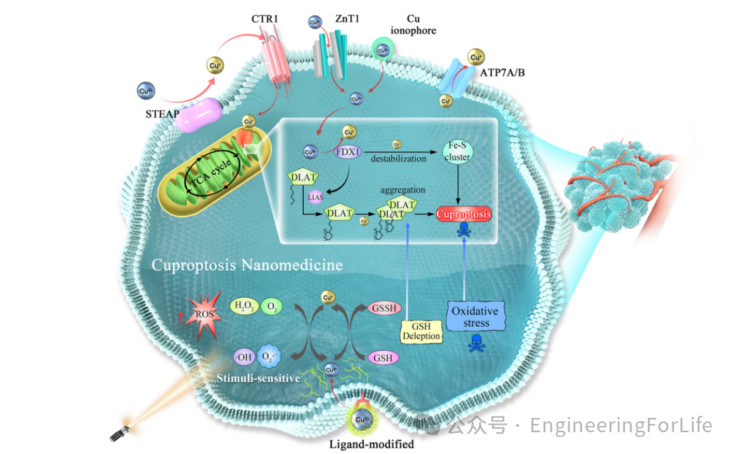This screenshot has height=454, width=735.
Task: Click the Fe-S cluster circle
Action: [x=457, y=151]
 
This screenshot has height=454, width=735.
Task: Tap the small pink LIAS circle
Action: [x=315, y=197]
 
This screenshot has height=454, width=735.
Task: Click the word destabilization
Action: [x=399, y=159]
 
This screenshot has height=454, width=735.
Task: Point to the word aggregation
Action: [x=404, y=190]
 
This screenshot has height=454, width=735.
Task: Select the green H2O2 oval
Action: [x=244, y=308]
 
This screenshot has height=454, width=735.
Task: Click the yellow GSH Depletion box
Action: [x=421, y=331]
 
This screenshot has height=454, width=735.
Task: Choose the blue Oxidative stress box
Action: [x=476, y=317]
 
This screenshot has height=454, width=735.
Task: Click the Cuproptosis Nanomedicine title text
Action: [x=247, y=265]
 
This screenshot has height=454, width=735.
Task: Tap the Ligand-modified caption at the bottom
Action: [x=371, y=444]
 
